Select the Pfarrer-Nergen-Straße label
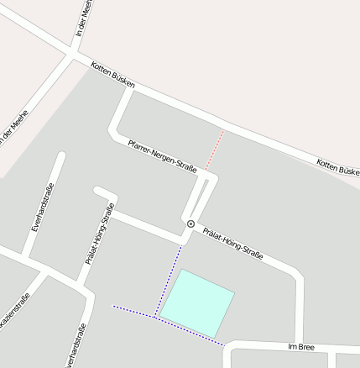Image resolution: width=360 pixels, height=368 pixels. coord(162,156)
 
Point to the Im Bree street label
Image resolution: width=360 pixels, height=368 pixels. coord(300,346)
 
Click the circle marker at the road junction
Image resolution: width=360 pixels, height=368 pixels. coord(191,223)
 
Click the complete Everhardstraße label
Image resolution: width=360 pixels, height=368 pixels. coord(42,207)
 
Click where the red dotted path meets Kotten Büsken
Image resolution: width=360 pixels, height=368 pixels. coord(225,129)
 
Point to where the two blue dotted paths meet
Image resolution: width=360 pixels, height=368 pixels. coord(155,317)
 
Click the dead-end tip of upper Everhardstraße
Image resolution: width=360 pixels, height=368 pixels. coord(60,155)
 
